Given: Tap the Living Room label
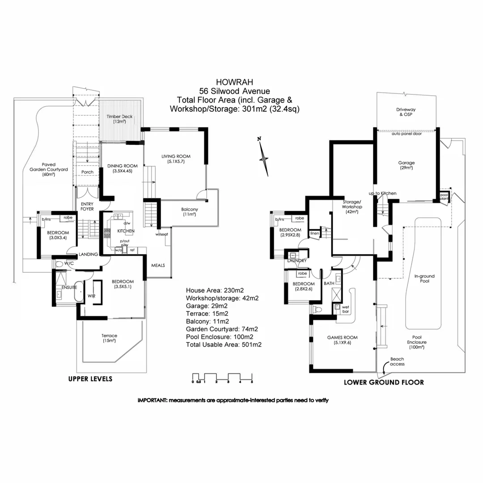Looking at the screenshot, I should (176, 159).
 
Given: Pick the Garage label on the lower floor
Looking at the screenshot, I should (407, 165).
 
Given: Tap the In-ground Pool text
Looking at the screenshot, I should (424, 279).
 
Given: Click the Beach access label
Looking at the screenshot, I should (397, 361).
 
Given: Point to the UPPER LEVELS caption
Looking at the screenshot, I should (90, 379).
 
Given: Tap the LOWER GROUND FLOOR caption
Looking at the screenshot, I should (383, 382).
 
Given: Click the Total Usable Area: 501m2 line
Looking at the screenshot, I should (224, 345).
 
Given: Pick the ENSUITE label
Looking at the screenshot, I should (70, 287).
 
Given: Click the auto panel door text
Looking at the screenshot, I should (407, 134).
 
